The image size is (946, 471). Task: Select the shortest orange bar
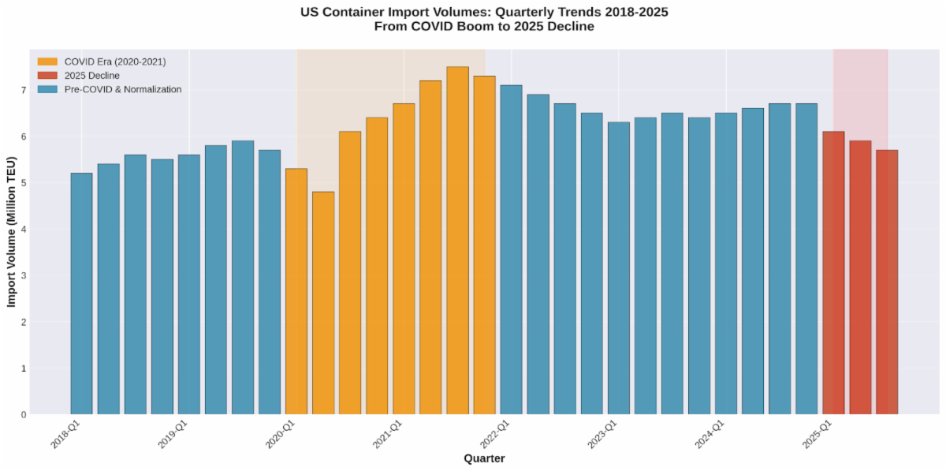[323, 303]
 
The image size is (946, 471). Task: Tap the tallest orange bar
[457, 241]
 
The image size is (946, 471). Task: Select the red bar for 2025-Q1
[833, 273]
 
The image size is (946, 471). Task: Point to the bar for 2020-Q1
[296, 291]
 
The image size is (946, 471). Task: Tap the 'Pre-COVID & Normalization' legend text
[123, 89]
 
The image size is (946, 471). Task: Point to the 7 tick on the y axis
[24, 90]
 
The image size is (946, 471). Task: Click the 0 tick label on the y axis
[24, 415]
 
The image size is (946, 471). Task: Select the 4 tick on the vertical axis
[24, 230]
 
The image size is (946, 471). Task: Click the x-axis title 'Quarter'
[484, 458]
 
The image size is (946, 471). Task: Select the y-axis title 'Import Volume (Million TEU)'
[12, 231]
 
